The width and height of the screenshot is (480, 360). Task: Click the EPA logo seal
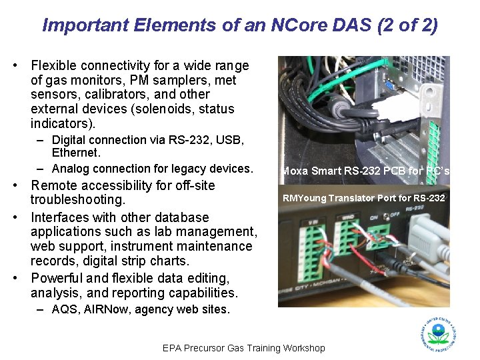pyautogui.click(x=438, y=333)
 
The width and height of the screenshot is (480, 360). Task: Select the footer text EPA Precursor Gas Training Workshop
pyautogui.click(x=244, y=348)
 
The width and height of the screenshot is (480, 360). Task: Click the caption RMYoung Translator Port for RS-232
pyautogui.click(x=363, y=197)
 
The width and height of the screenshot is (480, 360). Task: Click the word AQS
pyautogui.click(x=65, y=309)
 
